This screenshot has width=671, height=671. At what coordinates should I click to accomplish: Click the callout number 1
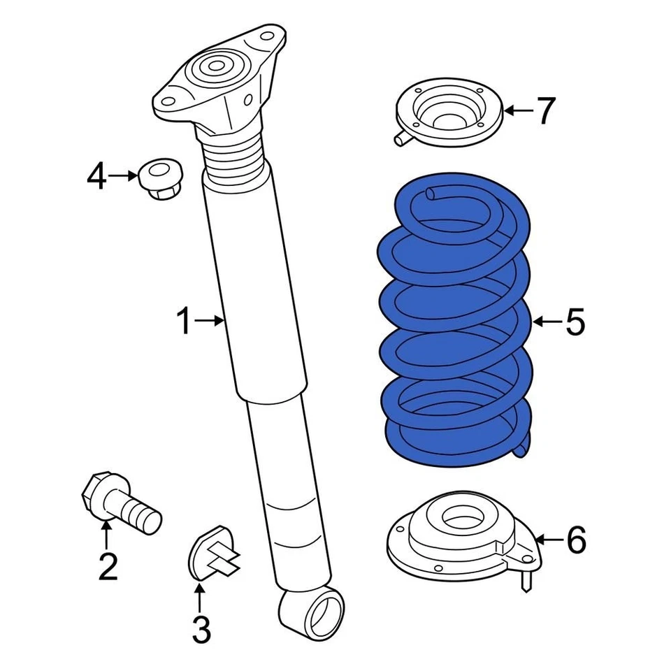click(x=182, y=322)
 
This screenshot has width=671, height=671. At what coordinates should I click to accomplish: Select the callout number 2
click(x=108, y=567)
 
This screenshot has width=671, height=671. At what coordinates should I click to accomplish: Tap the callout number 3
click(x=200, y=630)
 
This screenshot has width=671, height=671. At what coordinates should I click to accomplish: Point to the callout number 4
click(x=97, y=176)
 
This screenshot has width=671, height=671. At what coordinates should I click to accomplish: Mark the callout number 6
click(x=575, y=540)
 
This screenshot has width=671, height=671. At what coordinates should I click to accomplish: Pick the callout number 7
click(x=545, y=110)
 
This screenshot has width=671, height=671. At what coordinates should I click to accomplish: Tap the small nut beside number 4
click(x=159, y=178)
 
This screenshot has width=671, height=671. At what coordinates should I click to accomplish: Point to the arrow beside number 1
click(x=209, y=322)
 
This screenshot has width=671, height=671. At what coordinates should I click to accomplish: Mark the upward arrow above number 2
click(x=107, y=535)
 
